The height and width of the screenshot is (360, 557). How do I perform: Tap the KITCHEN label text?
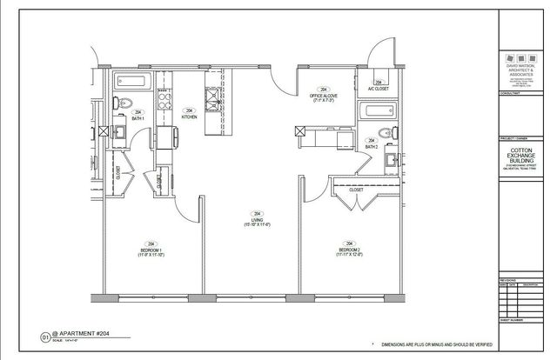(189, 116)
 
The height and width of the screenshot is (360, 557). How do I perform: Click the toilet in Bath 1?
(125, 103)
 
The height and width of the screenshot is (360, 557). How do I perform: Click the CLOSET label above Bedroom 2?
(356, 189)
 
